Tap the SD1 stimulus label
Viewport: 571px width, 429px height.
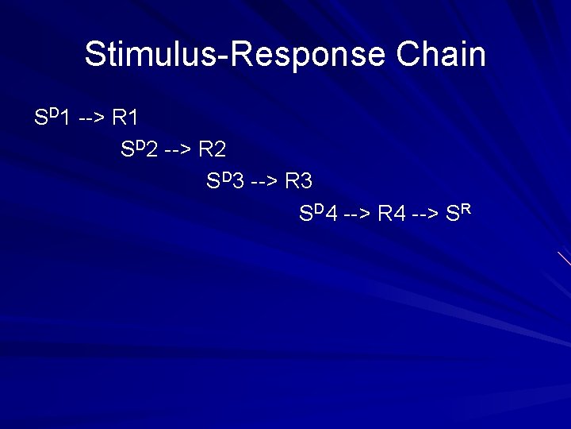(x=52, y=118)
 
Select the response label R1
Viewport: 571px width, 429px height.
(x=125, y=119)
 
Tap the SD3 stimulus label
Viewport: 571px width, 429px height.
(x=224, y=182)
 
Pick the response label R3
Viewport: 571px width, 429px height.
(x=298, y=182)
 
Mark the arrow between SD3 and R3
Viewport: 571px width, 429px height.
(x=263, y=182)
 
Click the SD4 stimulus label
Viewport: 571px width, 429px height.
(x=318, y=214)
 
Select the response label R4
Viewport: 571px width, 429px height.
(x=392, y=214)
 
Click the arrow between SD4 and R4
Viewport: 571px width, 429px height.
(x=356, y=214)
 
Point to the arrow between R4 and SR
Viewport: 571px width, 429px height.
(x=428, y=214)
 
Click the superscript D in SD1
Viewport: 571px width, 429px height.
(x=53, y=114)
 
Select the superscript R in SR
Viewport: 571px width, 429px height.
(x=467, y=209)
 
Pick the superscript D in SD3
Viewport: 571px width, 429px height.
(x=226, y=177)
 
